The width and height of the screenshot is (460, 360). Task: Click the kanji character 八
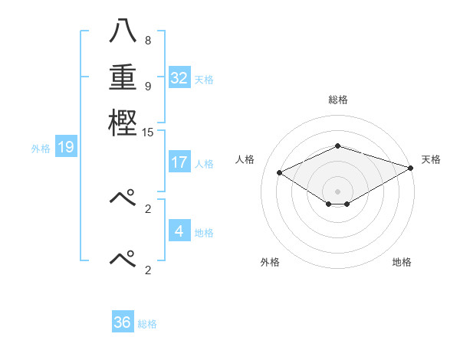(x=123, y=32)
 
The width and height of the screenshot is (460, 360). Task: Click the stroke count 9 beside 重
(x=147, y=86)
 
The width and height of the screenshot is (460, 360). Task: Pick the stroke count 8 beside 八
(x=147, y=41)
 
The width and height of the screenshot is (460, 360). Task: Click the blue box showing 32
(x=179, y=78)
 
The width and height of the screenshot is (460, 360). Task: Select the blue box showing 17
(x=179, y=162)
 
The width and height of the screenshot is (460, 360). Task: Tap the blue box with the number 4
(x=179, y=231)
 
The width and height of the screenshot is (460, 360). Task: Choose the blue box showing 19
(x=65, y=148)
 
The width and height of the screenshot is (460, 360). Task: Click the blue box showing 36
(x=122, y=322)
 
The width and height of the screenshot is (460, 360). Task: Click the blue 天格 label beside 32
(x=204, y=80)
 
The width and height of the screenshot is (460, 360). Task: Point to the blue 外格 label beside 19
(x=41, y=149)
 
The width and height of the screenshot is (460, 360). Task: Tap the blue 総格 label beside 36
(x=147, y=324)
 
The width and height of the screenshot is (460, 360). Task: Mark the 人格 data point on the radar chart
(x=280, y=173)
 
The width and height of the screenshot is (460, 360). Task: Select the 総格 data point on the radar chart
(x=337, y=146)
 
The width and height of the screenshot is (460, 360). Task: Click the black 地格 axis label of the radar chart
(x=402, y=262)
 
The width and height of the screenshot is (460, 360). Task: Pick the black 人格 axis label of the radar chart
(x=245, y=159)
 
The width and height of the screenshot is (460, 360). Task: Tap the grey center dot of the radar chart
(x=337, y=191)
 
